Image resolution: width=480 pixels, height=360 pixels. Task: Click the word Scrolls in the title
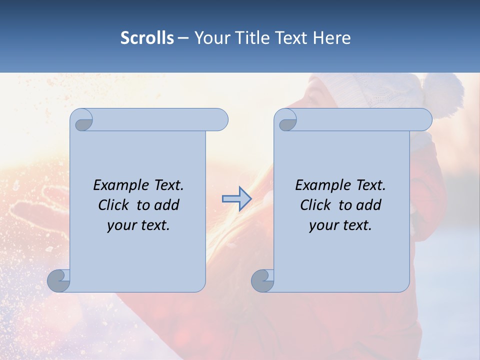point(147,38)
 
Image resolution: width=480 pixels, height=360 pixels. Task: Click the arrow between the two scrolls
point(236,199)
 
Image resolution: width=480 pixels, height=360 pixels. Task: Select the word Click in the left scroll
point(115,205)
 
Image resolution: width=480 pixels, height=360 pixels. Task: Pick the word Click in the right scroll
point(317,205)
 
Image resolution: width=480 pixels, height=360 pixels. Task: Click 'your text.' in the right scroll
point(340,225)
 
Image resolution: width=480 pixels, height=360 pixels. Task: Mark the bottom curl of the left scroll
point(59,280)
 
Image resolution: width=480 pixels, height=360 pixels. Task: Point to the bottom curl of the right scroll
point(262,280)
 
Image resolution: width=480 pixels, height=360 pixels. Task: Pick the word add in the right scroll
point(368,205)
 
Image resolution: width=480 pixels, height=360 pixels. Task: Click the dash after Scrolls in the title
point(183,38)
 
